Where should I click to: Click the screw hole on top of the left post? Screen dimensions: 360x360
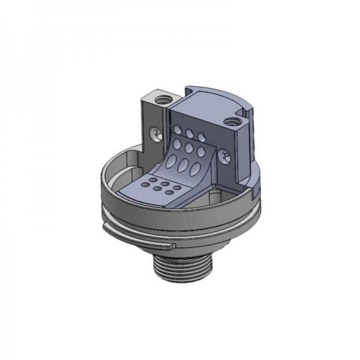coord(161,98)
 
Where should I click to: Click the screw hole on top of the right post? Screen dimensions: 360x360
coord(230,124)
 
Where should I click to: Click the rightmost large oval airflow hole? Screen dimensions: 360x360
coord(198,166)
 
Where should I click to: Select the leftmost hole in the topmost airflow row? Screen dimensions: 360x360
coord(178,130)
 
